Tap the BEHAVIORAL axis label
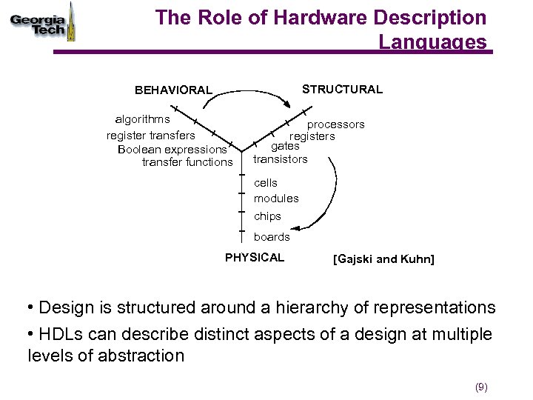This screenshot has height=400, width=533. (173, 90)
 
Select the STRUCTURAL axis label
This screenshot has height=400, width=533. (342, 90)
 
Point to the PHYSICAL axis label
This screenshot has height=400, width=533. (255, 258)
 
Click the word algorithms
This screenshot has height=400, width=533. (142, 119)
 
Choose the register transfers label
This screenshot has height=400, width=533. (151, 135)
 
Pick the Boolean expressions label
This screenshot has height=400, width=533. (172, 149)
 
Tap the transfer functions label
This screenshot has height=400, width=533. (187, 162)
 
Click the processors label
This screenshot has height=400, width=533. (336, 124)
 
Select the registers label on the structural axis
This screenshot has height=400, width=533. (312, 136)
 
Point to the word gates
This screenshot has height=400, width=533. (285, 147)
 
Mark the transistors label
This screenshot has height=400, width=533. (280, 159)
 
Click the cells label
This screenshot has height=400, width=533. (266, 182)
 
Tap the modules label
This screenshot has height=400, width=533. (276, 199)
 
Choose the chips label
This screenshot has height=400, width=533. (267, 216)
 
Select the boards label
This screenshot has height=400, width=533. (272, 237)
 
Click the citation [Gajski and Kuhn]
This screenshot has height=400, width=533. (383, 259)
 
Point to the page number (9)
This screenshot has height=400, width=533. (481, 387)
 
